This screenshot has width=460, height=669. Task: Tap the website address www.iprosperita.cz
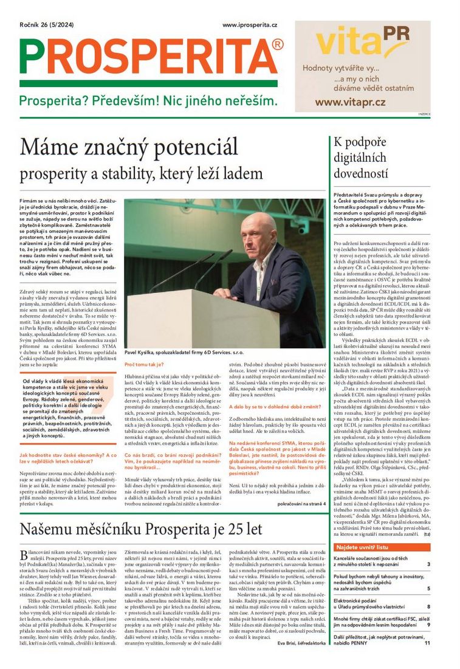click(x=250, y=25)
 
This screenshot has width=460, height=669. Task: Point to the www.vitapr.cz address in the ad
click(x=359, y=102)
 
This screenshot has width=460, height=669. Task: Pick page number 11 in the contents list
click(x=427, y=642)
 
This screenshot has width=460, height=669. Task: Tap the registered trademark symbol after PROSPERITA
click(x=278, y=44)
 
